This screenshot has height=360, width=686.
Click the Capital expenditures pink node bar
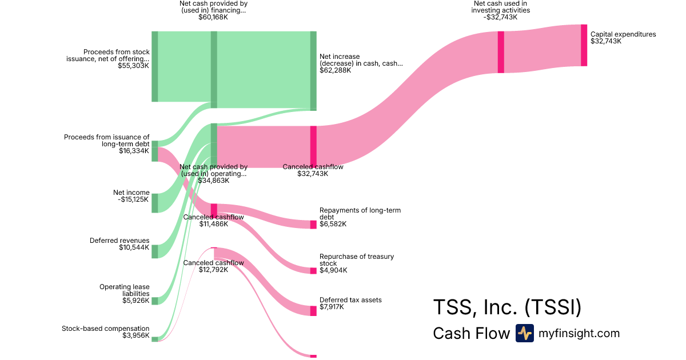[x=584, y=45]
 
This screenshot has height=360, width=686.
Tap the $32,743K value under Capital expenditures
[x=605, y=42]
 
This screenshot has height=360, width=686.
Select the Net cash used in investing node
[x=501, y=52]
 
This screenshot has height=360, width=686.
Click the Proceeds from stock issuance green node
[x=154, y=66]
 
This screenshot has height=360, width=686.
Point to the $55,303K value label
[x=133, y=66]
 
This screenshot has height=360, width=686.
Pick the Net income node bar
[x=154, y=203]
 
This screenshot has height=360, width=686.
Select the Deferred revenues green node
[x=154, y=251]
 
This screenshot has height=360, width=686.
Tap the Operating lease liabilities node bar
[x=154, y=301]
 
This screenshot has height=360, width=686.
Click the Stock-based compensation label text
[x=105, y=329]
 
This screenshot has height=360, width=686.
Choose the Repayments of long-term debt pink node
[x=313, y=225]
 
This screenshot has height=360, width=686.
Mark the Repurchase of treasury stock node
[x=313, y=270]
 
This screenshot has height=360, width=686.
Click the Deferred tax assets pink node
[x=313, y=311]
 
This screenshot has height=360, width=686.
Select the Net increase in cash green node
[x=313, y=70]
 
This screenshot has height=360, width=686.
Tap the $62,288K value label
[x=336, y=70]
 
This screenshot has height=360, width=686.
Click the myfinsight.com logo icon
[x=524, y=333]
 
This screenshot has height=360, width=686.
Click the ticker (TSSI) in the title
[x=553, y=307]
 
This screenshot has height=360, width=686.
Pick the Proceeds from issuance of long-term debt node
[x=154, y=151]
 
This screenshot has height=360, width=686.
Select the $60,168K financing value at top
[x=213, y=17]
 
